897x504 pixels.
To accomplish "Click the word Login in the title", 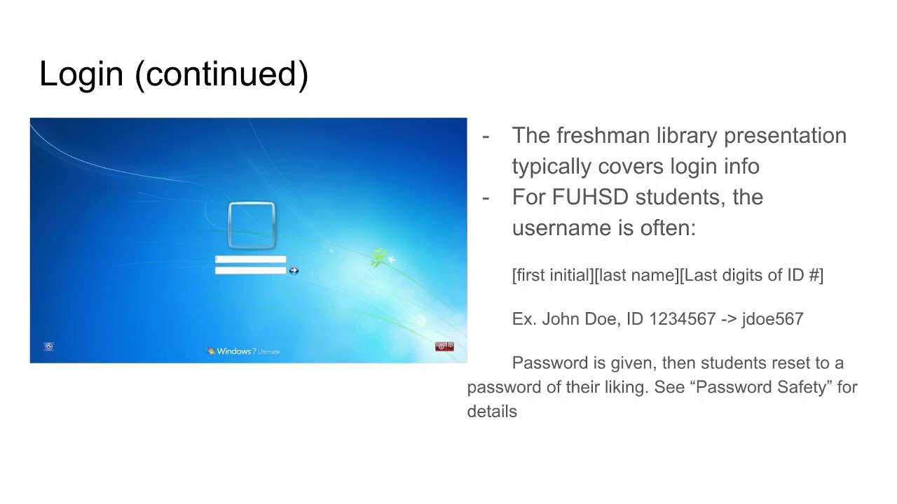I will pyautogui.click(x=81, y=74).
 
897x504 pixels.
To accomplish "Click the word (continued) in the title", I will pyautogui.click(x=221, y=74).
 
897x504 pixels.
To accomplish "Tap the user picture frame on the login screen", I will pyautogui.click(x=252, y=225).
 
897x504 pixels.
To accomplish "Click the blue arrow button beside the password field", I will pyautogui.click(x=294, y=271).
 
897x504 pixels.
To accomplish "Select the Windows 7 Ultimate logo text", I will pyautogui.click(x=244, y=351).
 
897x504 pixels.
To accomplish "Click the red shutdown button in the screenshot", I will pyautogui.click(x=441, y=346).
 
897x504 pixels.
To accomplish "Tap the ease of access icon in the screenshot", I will pyautogui.click(x=48, y=346).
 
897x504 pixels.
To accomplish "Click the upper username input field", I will pyautogui.click(x=250, y=260).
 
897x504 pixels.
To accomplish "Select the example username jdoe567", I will pyautogui.click(x=772, y=319).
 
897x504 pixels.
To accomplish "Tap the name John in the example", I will pyautogui.click(x=560, y=319).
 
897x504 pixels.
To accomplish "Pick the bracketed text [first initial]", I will pyautogui.click(x=552, y=275).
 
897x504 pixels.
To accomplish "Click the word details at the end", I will pyautogui.click(x=492, y=412).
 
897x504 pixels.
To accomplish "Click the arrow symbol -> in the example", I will pyautogui.click(x=729, y=319).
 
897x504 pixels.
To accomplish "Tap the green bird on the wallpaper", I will pyautogui.click(x=379, y=258).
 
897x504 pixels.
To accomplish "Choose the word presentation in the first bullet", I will pyautogui.click(x=785, y=135).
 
